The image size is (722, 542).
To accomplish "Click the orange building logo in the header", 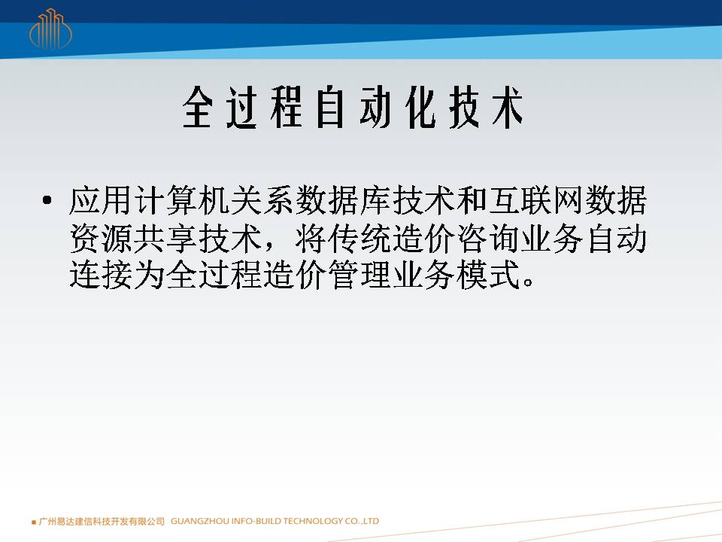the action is (50, 29).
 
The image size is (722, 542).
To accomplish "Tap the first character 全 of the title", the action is (198, 108).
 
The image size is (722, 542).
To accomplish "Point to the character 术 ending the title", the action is (508, 108).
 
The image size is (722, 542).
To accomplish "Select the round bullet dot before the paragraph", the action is (47, 200).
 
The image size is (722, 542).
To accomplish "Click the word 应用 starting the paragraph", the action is (101, 200).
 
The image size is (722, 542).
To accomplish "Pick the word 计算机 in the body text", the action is (181, 200).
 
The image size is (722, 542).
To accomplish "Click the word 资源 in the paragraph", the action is (101, 239).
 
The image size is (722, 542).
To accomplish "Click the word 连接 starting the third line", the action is (101, 275).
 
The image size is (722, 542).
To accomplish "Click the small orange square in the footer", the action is (34, 522).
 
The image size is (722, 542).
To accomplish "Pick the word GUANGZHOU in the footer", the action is (200, 521).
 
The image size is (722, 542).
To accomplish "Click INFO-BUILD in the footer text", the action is (256, 521).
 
